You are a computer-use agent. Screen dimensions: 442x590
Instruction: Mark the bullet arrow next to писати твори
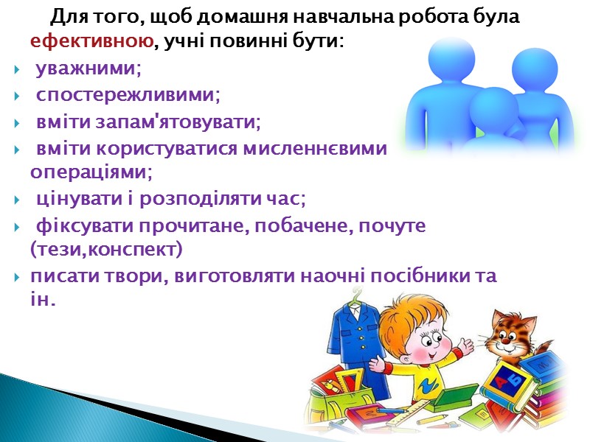click(x=17, y=277)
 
